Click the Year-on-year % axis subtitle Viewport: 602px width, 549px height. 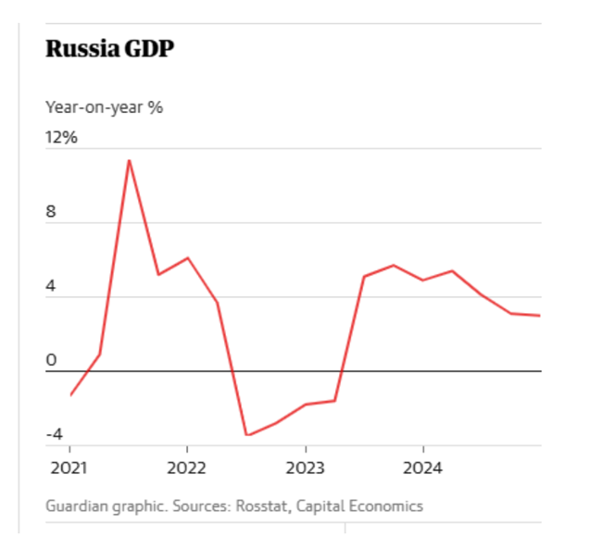pyautogui.click(x=104, y=106)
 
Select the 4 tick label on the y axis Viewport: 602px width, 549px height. pyautogui.click(x=51, y=287)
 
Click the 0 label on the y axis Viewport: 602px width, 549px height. pyautogui.click(x=51, y=360)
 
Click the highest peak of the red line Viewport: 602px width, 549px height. pyautogui.click(x=129, y=160)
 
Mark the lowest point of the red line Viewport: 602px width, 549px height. pyautogui.click(x=246, y=435)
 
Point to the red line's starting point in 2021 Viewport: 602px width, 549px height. pyautogui.click(x=70, y=395)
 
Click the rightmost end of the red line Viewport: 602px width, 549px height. pyautogui.click(x=540, y=316)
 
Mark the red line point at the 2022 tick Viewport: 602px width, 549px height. pyautogui.click(x=187, y=257)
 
